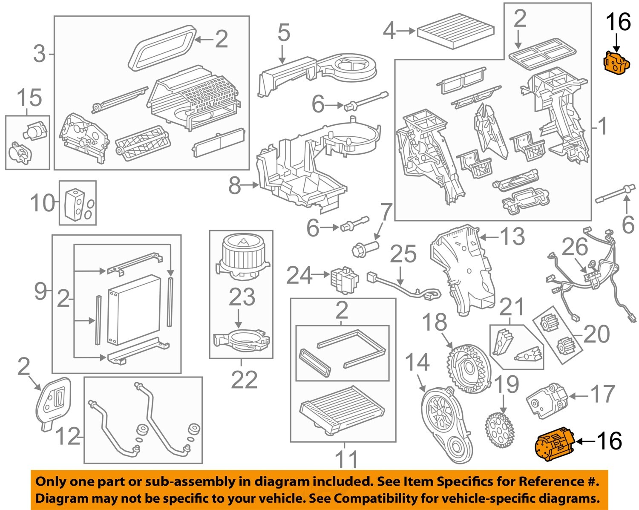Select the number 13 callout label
(x=512, y=236)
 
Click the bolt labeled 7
(x=365, y=248)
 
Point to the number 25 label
(x=403, y=254)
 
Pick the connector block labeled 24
(x=343, y=279)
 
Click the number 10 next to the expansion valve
(x=43, y=203)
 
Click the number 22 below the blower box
(x=244, y=380)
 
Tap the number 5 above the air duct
(x=284, y=33)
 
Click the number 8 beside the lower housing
(x=235, y=185)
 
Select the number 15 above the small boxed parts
(x=29, y=98)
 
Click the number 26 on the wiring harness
(x=575, y=247)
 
